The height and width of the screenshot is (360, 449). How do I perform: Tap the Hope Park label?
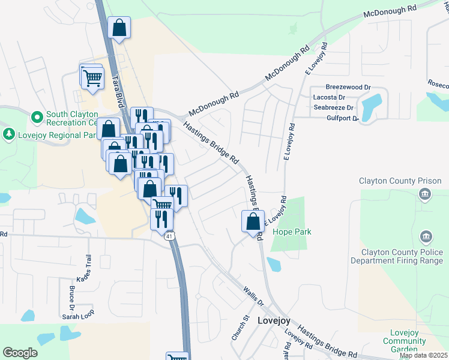[292, 232]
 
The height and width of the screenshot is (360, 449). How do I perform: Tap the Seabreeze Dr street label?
[334, 107]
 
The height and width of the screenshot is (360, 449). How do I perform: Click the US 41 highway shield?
[170, 236]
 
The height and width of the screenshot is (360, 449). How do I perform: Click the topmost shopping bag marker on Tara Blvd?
[119, 27]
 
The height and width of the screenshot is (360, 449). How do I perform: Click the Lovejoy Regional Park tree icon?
[9, 134]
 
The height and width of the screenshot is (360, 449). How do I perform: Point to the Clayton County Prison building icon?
[425, 193]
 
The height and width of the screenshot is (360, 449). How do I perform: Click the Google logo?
[20, 353]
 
